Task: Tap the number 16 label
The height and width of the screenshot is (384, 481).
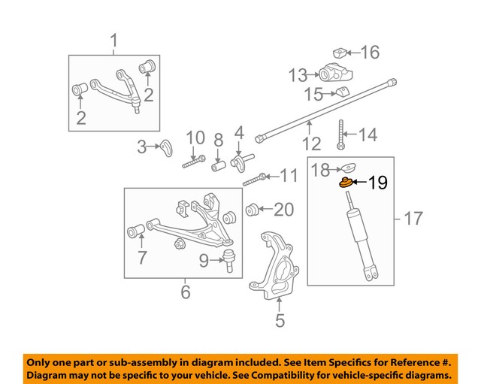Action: [370, 52]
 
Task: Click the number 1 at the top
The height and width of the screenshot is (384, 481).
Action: [115, 39]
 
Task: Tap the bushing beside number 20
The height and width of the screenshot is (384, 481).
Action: [254, 208]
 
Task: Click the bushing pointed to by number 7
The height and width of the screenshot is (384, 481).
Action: [138, 229]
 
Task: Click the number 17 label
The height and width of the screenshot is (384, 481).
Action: [413, 219]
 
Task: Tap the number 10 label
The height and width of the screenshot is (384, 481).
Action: [195, 138]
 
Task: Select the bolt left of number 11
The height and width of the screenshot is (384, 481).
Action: [254, 179]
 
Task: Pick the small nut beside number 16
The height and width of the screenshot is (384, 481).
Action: [340, 53]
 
